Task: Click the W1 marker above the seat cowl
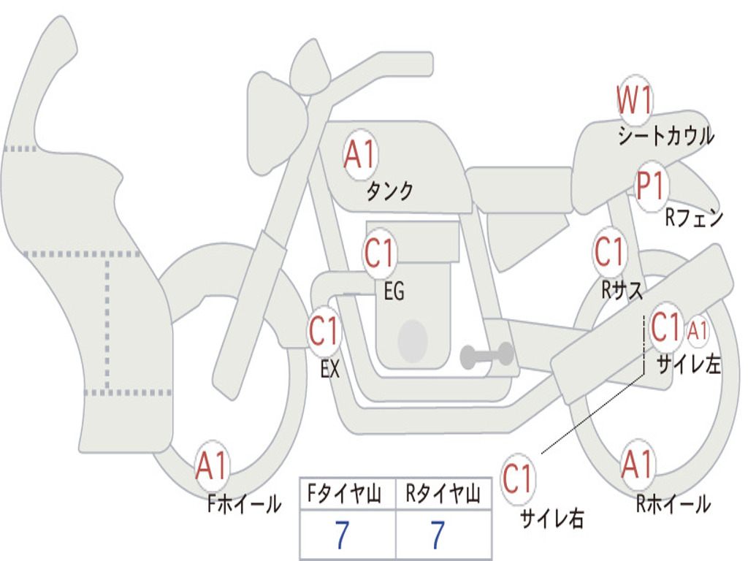[x=634, y=101]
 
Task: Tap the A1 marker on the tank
[x=359, y=154]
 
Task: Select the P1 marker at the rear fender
[x=649, y=186]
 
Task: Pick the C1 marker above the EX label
[x=324, y=332]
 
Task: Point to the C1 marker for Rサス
[x=609, y=252]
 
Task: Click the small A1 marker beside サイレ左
[x=698, y=331]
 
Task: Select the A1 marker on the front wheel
[x=212, y=466]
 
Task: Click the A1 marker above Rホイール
[x=638, y=465]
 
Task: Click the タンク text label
[x=390, y=191]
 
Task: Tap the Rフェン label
[x=694, y=218]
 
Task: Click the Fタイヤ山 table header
[x=347, y=496]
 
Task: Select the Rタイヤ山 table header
[x=443, y=496]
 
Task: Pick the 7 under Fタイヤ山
[x=343, y=535]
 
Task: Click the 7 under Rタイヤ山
[x=438, y=535]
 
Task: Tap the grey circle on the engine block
[x=413, y=340]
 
